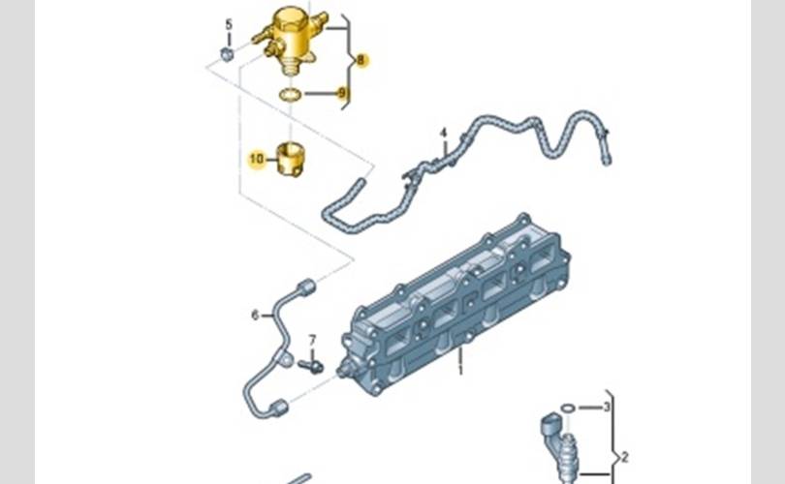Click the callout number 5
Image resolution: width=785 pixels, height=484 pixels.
229,24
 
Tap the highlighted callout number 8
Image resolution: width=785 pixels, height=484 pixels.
361,60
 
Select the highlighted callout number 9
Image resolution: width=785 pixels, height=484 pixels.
342,93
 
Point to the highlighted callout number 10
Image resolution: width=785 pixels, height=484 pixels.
256,159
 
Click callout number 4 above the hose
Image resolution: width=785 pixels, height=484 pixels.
443,133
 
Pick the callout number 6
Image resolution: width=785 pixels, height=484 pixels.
255,316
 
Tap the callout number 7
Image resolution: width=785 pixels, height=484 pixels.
312,341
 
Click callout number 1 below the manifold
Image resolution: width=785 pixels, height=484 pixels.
460,370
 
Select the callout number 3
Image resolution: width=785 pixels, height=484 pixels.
607,407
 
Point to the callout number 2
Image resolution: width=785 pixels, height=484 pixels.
624,457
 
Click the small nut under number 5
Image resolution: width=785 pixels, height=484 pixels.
227,54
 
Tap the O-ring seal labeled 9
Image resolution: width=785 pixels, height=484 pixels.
291,94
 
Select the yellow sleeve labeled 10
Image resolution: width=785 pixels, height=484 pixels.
291,159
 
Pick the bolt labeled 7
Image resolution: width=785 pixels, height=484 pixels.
311,367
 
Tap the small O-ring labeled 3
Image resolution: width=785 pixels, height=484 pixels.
567,408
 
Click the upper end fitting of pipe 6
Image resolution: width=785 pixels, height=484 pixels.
306,287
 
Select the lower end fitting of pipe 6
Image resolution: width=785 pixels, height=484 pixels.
279,408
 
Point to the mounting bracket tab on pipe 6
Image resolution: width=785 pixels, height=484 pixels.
286,358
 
